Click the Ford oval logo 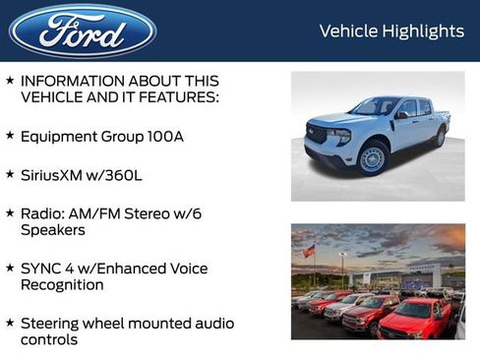[83, 31]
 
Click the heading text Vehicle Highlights [391, 31]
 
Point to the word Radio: [44, 212]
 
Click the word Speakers [53, 229]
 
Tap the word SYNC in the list [42, 268]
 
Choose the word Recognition [62, 284]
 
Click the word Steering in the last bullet [53, 323]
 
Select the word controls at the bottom [49, 339]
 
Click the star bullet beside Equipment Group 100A [10, 136]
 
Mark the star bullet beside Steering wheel [10, 322]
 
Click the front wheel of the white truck [372, 158]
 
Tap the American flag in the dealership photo [309, 251]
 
